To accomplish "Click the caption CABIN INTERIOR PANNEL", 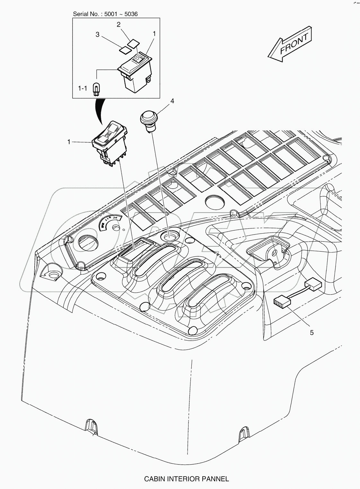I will (x=186, y=479).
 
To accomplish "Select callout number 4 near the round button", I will (x=172, y=101).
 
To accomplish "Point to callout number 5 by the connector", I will (x=311, y=333).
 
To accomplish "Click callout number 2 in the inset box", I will (x=119, y=24).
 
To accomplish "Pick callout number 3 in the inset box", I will (x=98, y=35).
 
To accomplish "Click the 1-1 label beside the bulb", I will (x=83, y=88).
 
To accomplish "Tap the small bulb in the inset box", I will (x=95, y=88).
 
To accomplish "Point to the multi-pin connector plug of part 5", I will (x=282, y=302).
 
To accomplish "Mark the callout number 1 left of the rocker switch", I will (x=69, y=142).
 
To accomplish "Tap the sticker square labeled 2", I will (x=133, y=43).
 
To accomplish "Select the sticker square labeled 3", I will (x=123, y=49).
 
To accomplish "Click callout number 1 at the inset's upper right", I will (x=154, y=33).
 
